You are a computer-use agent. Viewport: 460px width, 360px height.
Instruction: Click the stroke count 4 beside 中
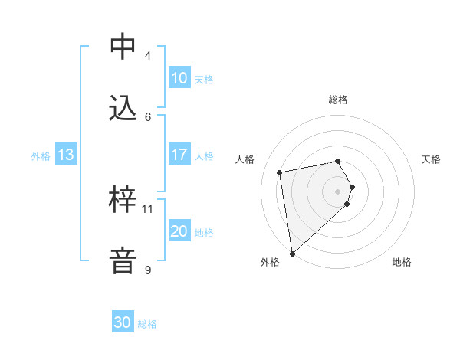point(148,56)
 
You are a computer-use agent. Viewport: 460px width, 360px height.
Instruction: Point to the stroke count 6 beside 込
point(148,116)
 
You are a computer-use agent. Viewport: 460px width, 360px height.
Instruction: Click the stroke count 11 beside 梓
point(148,208)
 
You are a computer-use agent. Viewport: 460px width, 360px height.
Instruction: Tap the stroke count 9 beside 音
point(148,270)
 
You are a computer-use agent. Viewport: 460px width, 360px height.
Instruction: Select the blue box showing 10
point(179,78)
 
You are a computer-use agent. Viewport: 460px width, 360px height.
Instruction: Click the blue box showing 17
point(179,155)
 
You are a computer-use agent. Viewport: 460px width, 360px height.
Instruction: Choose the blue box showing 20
point(179,231)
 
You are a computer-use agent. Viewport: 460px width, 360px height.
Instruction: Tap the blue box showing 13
point(66,155)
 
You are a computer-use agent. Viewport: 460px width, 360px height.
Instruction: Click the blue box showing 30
point(123,322)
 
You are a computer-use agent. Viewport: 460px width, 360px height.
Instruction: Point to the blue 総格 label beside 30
point(147,324)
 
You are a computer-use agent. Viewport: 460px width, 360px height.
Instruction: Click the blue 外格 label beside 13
point(41,156)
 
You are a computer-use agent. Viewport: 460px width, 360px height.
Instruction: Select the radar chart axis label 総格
point(338,100)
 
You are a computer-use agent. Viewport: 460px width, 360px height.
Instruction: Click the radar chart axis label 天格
point(432,159)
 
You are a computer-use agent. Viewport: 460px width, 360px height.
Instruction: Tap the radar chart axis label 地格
point(402,262)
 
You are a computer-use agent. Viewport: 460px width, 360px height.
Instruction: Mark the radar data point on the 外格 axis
point(291,253)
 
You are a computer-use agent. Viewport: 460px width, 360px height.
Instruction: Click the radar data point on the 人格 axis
point(280,173)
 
